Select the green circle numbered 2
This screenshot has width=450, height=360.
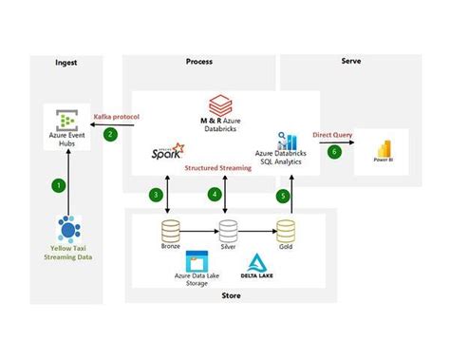tap(110, 135)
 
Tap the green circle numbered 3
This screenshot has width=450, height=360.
tap(155, 194)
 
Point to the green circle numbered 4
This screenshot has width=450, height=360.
tap(214, 194)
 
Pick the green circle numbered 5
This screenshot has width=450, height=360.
tap(282, 194)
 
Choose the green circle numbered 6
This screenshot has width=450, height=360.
tap(333, 151)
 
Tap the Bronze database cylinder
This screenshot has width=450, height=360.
tap(171, 231)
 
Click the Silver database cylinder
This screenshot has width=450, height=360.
tap(228, 231)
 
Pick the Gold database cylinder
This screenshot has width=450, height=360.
tap(286, 231)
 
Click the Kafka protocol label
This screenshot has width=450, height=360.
tap(118, 117)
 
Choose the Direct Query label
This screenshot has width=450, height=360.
tap(331, 135)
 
